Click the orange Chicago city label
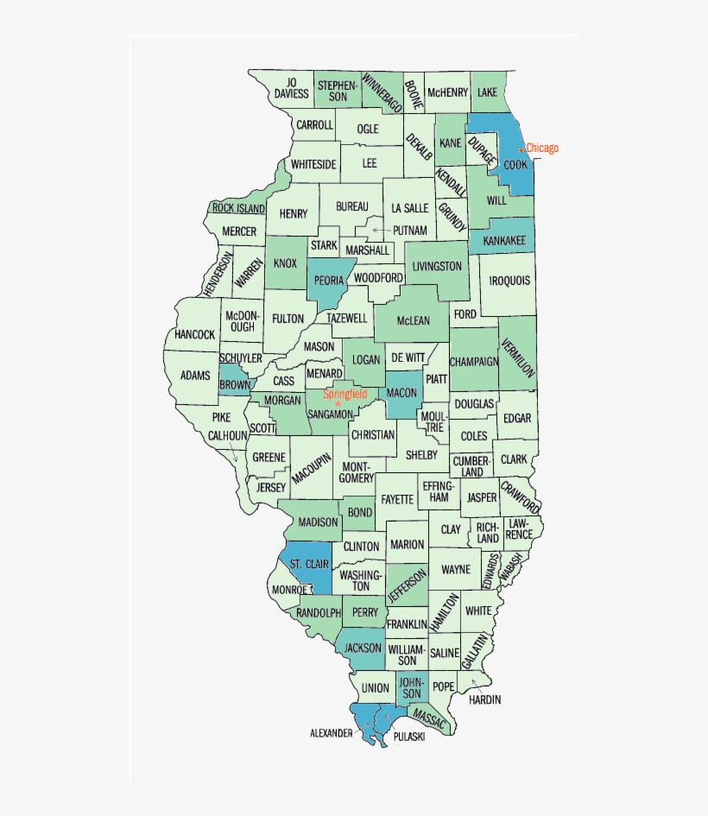click(x=542, y=148)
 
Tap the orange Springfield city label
click(x=345, y=395)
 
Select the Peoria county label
click(x=329, y=281)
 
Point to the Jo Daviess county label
click(x=291, y=88)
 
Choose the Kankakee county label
click(x=504, y=240)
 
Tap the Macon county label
click(x=401, y=393)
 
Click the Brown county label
click(x=234, y=385)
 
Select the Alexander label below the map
click(x=331, y=733)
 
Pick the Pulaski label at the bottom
click(x=408, y=736)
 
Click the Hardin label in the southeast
click(x=484, y=699)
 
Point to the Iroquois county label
click(x=510, y=281)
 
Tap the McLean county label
click(x=413, y=320)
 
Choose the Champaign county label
click(x=473, y=362)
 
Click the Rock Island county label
click(x=238, y=208)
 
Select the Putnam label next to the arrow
click(x=409, y=231)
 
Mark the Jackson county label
click(x=363, y=648)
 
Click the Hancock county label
click(x=194, y=334)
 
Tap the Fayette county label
click(x=397, y=499)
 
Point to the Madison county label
click(x=318, y=522)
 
